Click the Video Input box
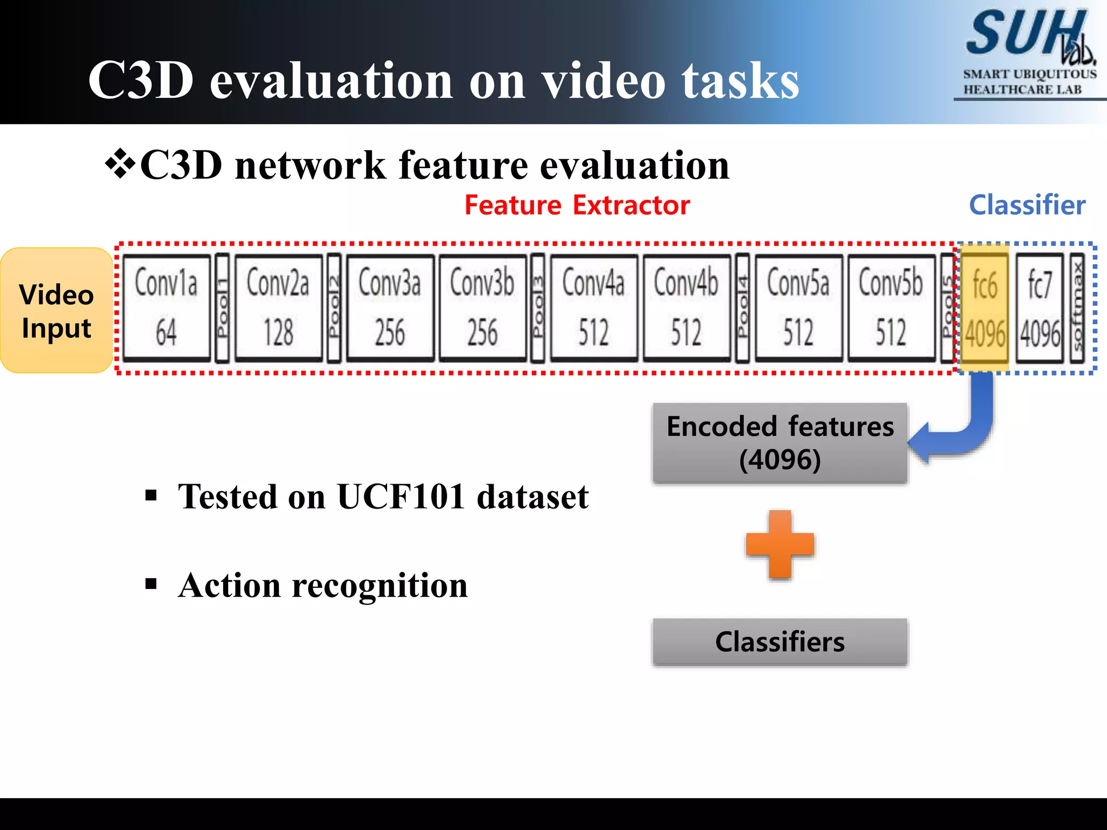click(56, 310)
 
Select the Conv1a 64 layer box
click(166, 307)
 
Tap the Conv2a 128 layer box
click(278, 307)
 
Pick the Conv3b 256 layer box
click(482, 307)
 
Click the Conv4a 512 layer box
click(593, 307)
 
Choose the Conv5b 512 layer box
click(891, 307)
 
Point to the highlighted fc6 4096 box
click(985, 307)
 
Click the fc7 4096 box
click(1039, 307)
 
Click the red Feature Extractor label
click(577, 205)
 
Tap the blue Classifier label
click(1027, 205)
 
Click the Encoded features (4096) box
click(779, 443)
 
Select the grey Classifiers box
click(779, 641)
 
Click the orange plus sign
click(779, 544)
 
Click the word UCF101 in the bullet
click(401, 497)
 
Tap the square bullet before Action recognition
click(151, 584)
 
